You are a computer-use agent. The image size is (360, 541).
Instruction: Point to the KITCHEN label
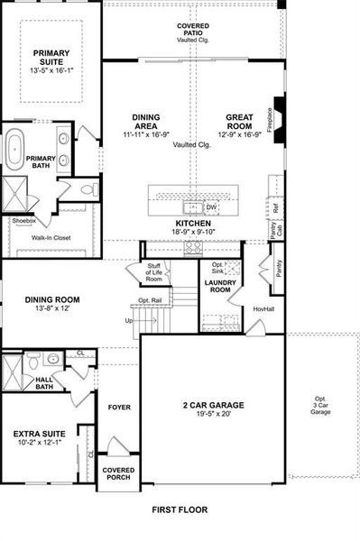pyautogui.click(x=194, y=223)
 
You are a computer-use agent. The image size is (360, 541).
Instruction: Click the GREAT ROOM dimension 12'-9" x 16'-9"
pyautogui.click(x=244, y=135)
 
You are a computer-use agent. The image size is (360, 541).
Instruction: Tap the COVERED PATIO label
pyautogui.click(x=192, y=31)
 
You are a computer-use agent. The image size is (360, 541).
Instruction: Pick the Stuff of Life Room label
pyautogui.click(x=155, y=273)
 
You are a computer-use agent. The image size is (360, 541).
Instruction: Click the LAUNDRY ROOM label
pyautogui.click(x=220, y=288)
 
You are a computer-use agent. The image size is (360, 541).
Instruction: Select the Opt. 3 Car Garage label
pyautogui.click(x=321, y=407)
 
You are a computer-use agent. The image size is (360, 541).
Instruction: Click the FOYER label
pyautogui.click(x=119, y=407)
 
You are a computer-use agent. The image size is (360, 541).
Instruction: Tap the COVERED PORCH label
pyautogui.click(x=118, y=473)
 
